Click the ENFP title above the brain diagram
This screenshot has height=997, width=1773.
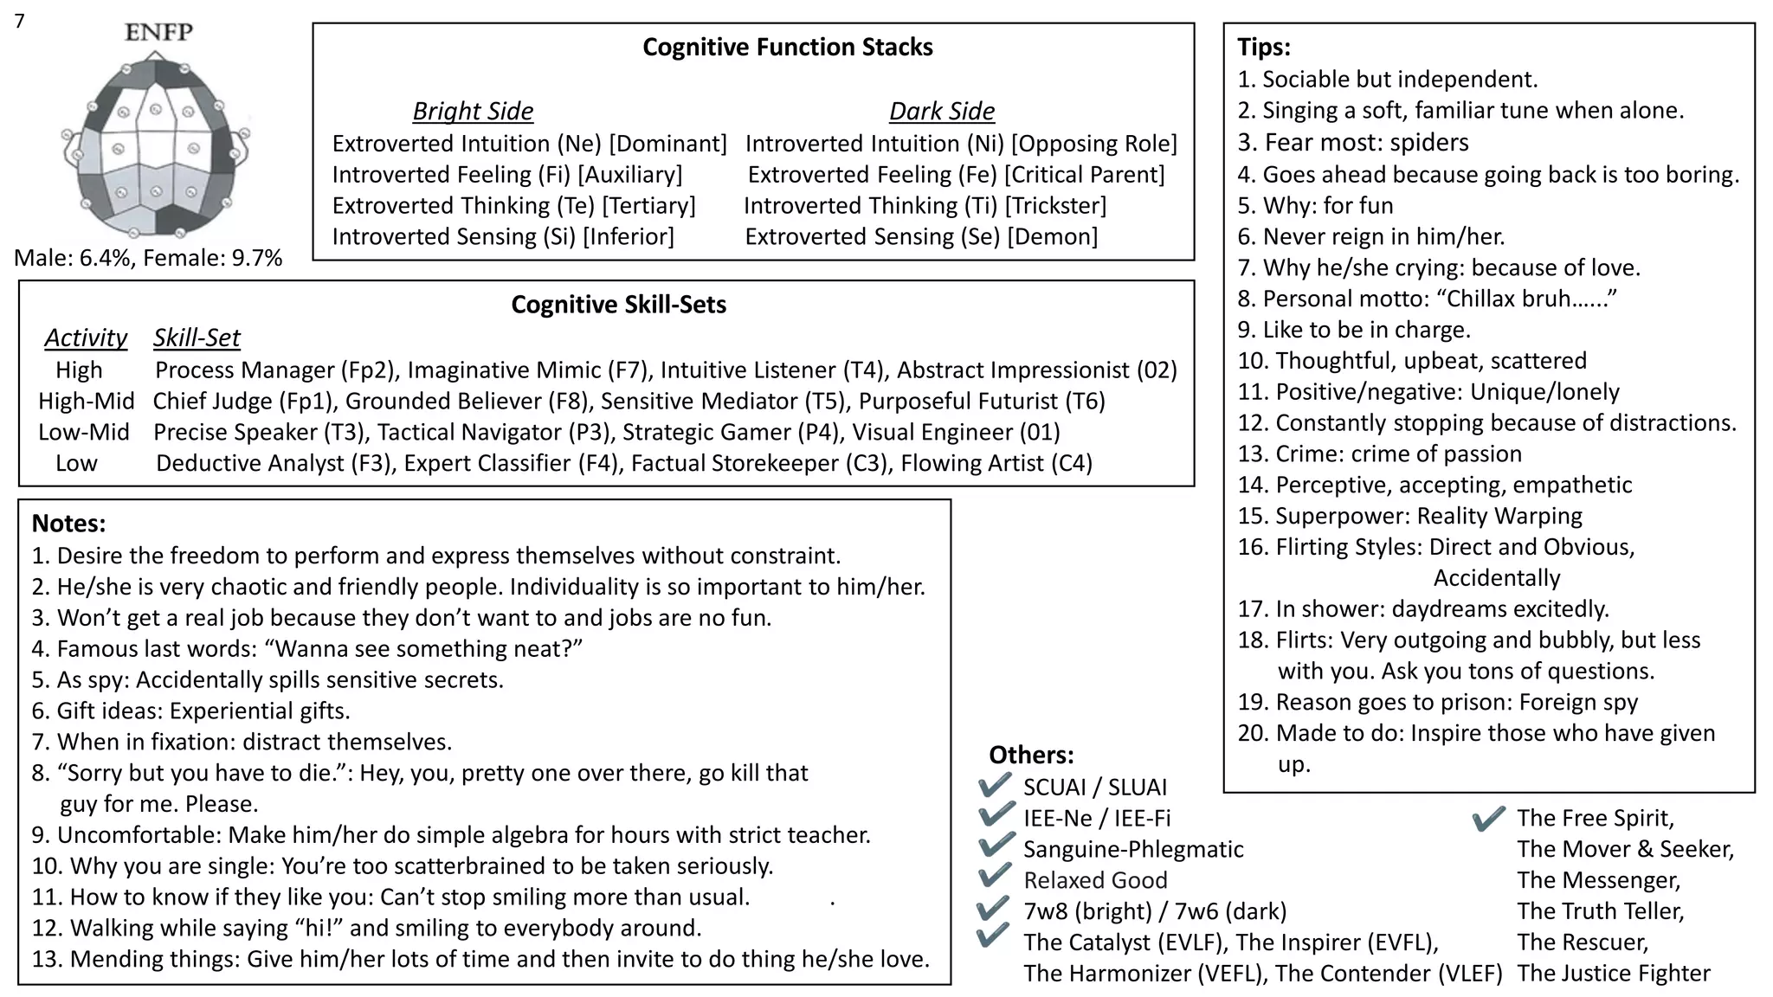click(x=158, y=32)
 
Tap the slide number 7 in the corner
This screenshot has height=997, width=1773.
click(x=19, y=21)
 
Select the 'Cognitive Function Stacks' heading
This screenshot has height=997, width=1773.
click(x=787, y=47)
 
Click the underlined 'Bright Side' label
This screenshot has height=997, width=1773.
click(x=473, y=112)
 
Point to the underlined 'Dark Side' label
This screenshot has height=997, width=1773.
click(x=942, y=112)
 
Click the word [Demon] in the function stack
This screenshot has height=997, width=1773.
click(x=1053, y=237)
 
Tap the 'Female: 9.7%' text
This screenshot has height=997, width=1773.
click(x=212, y=258)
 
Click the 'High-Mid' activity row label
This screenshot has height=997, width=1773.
click(x=86, y=402)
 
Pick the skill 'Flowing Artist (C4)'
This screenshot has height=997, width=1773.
click(x=996, y=464)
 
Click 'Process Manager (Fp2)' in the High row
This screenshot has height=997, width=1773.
click(x=276, y=370)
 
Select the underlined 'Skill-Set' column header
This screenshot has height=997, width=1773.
click(x=197, y=338)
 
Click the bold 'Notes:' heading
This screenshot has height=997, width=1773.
click(x=68, y=524)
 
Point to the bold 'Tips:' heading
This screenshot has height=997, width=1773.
click(x=1263, y=47)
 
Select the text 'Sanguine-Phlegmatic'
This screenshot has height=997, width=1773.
click(x=1132, y=850)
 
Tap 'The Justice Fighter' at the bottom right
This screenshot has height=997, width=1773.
click(x=1613, y=974)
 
